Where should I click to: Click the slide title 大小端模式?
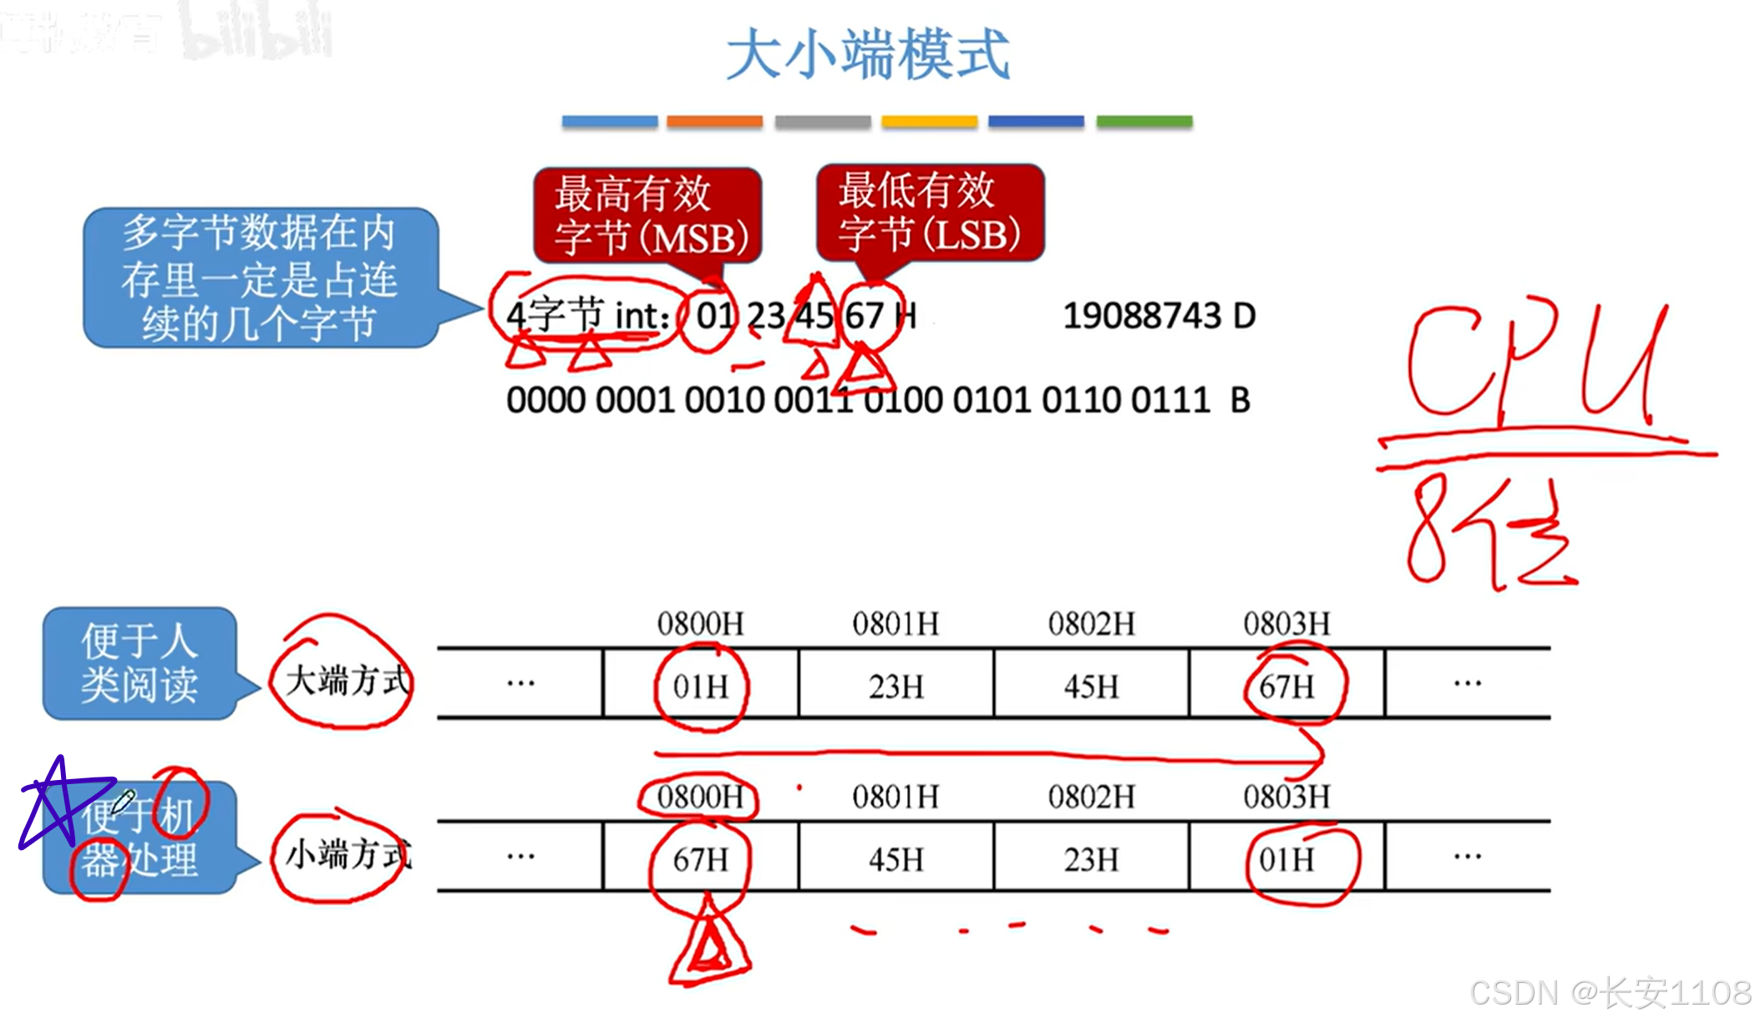click(x=868, y=54)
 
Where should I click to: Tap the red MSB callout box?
click(x=648, y=215)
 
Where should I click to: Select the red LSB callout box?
click(x=930, y=212)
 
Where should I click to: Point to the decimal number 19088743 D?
click(x=1159, y=317)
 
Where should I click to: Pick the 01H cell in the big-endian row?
click(x=701, y=686)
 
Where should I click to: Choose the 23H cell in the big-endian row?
click(x=896, y=686)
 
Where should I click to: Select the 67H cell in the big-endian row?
click(x=1287, y=686)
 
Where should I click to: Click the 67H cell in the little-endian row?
click(x=701, y=859)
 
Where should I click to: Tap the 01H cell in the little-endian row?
click(x=1287, y=859)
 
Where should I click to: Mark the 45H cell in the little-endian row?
click(x=896, y=859)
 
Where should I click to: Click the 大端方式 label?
click(x=347, y=681)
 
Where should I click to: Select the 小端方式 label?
click(x=347, y=854)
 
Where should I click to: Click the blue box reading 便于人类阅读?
click(x=139, y=663)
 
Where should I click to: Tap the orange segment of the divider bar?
click(x=714, y=122)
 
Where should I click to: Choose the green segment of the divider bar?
click(x=1144, y=122)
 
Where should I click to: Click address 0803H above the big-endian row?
click(x=1286, y=624)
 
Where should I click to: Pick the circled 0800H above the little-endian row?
click(x=700, y=797)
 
